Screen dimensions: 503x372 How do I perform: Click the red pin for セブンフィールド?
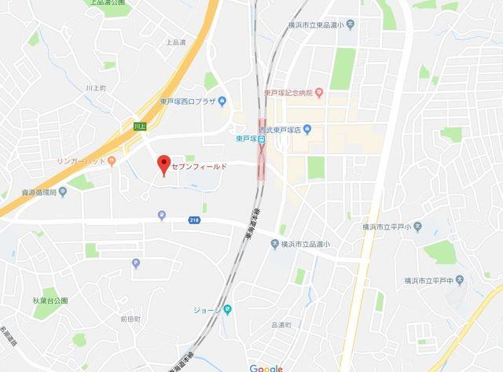(x=163, y=165)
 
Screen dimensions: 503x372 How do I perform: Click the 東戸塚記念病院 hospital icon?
(x=318, y=93)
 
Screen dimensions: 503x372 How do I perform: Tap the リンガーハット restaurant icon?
(x=112, y=160)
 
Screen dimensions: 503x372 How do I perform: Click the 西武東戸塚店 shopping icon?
(x=307, y=129)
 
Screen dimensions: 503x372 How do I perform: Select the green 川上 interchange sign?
(x=140, y=126)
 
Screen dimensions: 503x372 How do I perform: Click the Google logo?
(x=266, y=367)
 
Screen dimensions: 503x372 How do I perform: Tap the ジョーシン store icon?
(x=228, y=309)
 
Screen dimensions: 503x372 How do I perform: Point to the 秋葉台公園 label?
(x=50, y=300)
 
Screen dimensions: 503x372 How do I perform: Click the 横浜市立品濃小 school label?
(x=311, y=245)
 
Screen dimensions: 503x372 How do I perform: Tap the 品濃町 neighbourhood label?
(x=281, y=325)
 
